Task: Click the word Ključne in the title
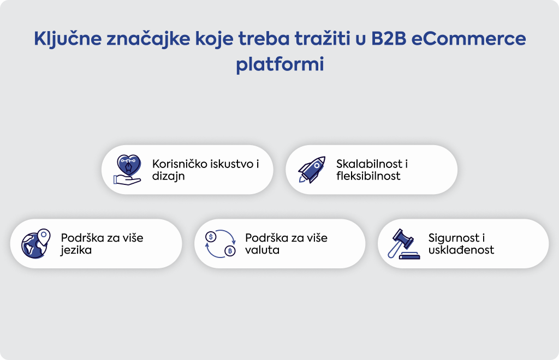click(x=68, y=39)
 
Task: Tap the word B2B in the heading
click(x=389, y=39)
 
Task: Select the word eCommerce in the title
click(x=469, y=39)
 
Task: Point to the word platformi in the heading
click(x=280, y=65)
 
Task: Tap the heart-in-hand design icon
click(x=127, y=170)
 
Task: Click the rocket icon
click(x=312, y=170)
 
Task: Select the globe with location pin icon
click(x=35, y=244)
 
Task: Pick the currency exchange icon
click(x=221, y=244)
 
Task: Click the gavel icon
click(x=403, y=244)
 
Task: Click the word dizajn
click(x=168, y=176)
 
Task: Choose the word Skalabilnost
click(x=369, y=164)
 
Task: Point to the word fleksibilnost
click(x=368, y=176)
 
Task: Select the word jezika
click(x=76, y=250)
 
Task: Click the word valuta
click(x=262, y=250)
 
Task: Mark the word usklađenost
click(x=461, y=250)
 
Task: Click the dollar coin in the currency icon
click(x=211, y=236)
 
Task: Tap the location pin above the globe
click(x=44, y=236)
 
